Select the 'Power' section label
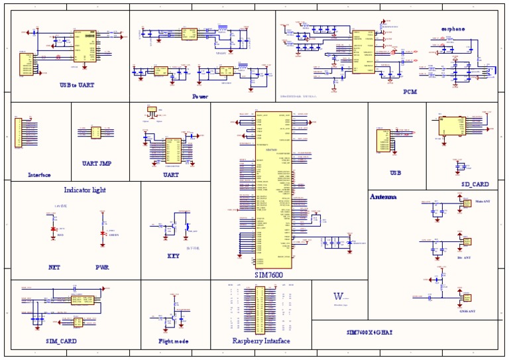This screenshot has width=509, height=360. click(x=199, y=96)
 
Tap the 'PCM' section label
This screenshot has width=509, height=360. click(x=410, y=92)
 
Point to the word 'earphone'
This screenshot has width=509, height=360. click(x=453, y=29)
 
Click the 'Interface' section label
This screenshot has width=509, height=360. click(x=39, y=175)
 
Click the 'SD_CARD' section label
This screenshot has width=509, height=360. click(x=475, y=184)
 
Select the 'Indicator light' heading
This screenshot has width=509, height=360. click(x=85, y=190)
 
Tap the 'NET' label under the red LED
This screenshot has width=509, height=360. click(x=54, y=268)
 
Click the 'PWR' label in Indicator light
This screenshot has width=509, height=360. click(x=102, y=268)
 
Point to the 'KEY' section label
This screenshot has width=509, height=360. click(x=173, y=255)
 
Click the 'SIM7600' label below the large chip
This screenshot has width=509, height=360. click(x=268, y=274)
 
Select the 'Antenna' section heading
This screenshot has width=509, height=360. click(x=383, y=197)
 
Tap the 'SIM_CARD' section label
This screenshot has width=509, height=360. click(x=61, y=340)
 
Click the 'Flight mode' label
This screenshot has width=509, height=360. click(x=173, y=341)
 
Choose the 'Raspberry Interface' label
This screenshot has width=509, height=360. click(x=260, y=341)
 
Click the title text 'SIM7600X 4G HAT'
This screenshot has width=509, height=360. click(x=370, y=331)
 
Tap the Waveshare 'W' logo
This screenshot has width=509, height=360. click(x=338, y=296)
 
